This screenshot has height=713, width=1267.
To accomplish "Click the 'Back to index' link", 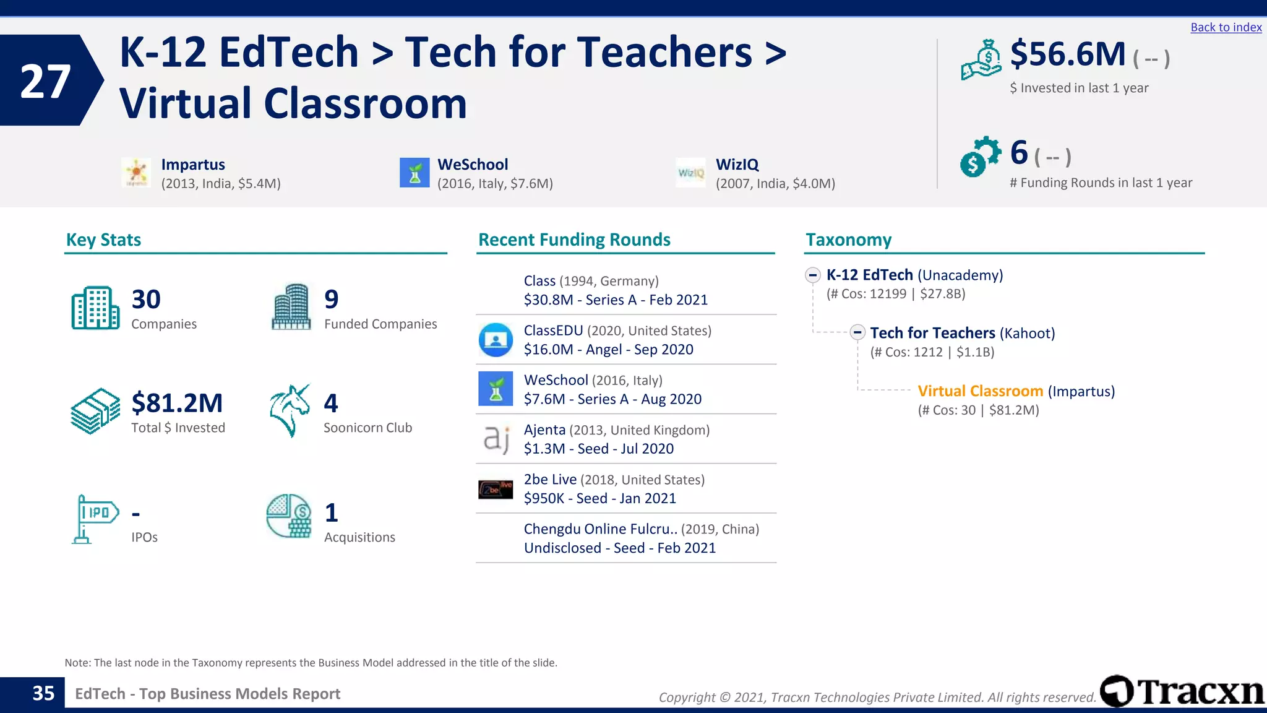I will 1226,27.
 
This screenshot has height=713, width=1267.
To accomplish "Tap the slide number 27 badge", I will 45,81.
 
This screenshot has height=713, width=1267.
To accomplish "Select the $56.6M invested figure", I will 1068,54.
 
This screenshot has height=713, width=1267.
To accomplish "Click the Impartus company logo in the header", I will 136,173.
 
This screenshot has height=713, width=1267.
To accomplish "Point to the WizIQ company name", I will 737,165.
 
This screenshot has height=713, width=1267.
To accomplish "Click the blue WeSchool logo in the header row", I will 414,173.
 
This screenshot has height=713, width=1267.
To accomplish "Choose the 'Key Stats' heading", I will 103,240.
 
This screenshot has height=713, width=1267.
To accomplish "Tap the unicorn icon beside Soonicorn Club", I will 289,411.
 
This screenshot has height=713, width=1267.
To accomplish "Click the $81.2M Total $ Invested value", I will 177,403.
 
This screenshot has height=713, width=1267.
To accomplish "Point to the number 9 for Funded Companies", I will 332,300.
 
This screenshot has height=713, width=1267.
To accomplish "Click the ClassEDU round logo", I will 496,340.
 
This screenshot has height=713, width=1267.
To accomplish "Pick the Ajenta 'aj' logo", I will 496,439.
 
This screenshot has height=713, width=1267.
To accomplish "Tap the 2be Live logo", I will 496,489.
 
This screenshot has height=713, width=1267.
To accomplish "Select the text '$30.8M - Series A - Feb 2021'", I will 616,300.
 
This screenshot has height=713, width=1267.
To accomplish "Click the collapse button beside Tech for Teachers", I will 857,332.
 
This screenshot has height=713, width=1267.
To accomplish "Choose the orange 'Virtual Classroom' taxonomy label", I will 980,391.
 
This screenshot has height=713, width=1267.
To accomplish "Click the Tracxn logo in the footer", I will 1182,691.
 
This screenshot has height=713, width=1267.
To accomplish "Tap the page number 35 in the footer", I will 43,693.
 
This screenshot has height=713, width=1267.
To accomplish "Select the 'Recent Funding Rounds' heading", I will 574,240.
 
